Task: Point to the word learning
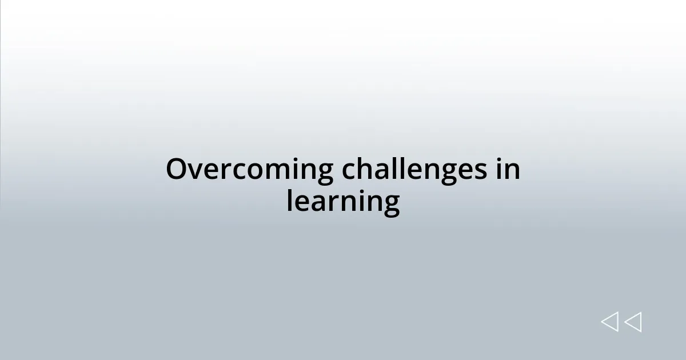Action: click(343, 201)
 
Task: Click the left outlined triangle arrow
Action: click(609, 322)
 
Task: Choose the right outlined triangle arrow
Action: click(633, 322)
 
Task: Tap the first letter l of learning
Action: click(290, 201)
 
